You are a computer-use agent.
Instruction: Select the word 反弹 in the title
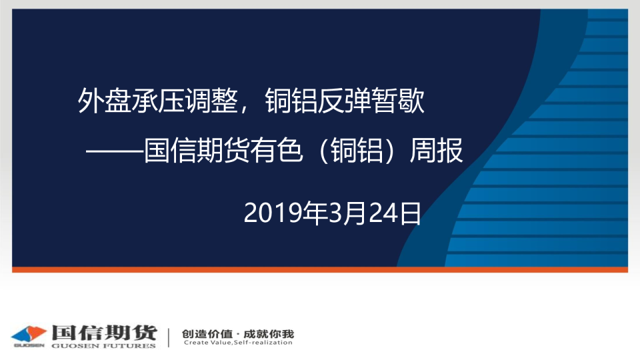point(345,101)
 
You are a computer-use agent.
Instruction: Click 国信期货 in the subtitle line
point(197,150)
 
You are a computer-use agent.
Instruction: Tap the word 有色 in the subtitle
point(276,150)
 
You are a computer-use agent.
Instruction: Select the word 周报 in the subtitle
point(436,150)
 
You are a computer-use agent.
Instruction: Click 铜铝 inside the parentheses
point(357,150)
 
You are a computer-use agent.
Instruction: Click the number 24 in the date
point(383,213)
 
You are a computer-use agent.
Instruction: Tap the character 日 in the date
point(410,213)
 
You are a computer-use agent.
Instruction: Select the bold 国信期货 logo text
point(104,333)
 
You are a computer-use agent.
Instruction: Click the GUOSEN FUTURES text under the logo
point(104,346)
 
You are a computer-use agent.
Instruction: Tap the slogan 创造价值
point(207,334)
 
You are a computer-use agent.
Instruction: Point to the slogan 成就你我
point(269,334)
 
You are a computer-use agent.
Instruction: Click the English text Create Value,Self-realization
point(238,343)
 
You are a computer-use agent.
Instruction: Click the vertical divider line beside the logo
point(169,337)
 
